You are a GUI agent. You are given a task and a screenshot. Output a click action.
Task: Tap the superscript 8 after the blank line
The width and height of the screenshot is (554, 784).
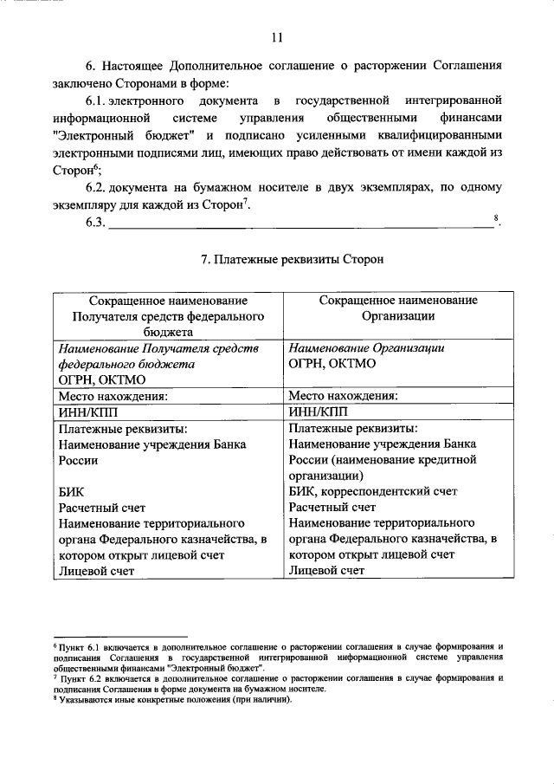tap(495, 218)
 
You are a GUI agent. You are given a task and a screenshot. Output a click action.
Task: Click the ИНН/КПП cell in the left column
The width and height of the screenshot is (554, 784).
tap(87, 411)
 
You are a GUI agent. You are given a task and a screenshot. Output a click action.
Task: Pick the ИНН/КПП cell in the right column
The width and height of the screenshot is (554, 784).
tap(319, 411)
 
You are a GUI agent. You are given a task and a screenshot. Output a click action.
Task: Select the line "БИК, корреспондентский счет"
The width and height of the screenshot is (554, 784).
tap(371, 491)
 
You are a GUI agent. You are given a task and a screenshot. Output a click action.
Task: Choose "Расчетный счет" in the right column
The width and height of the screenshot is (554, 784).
tap(332, 508)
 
